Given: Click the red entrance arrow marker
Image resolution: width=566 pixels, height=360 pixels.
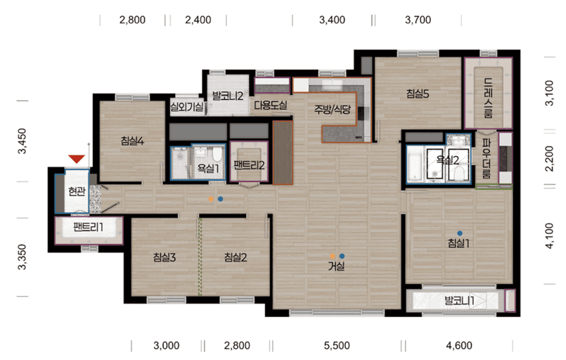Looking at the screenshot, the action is [x=77, y=159].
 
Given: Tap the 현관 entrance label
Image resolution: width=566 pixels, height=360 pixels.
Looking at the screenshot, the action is [x=77, y=191].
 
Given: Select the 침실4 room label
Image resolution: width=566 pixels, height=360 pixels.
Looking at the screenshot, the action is [x=132, y=141].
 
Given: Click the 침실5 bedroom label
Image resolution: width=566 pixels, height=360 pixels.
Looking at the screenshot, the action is [x=418, y=94].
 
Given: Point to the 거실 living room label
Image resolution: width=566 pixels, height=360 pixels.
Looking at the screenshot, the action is [x=336, y=266].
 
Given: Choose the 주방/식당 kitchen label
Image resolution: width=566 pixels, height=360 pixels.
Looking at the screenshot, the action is [x=332, y=110].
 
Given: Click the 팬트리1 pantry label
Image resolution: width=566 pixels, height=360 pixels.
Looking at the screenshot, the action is [x=88, y=227].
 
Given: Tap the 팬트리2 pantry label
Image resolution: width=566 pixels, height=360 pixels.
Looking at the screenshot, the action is [x=249, y=165].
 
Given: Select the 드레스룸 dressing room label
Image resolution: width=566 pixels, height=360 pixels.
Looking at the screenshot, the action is [x=488, y=98].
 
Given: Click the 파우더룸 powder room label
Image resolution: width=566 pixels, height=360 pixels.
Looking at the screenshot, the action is [x=487, y=159].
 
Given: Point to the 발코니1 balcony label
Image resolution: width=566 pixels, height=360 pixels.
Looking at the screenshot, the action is [x=459, y=300].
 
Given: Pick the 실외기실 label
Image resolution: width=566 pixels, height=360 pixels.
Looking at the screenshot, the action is [x=186, y=106].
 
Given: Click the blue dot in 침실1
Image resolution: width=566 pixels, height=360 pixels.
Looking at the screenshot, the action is [x=460, y=233].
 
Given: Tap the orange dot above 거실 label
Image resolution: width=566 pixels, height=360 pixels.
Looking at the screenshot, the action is [x=333, y=257].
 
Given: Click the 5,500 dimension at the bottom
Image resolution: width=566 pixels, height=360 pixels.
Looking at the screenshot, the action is [x=337, y=345].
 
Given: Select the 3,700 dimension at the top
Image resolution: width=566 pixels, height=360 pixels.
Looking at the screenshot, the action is [x=418, y=20].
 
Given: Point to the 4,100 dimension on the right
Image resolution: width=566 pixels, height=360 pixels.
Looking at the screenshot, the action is [x=549, y=236].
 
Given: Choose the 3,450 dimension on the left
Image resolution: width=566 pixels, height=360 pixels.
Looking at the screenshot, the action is [x=22, y=141].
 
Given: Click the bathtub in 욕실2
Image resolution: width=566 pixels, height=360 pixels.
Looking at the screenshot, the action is [x=415, y=164].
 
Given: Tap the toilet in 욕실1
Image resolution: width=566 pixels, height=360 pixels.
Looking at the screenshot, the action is [x=217, y=154].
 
